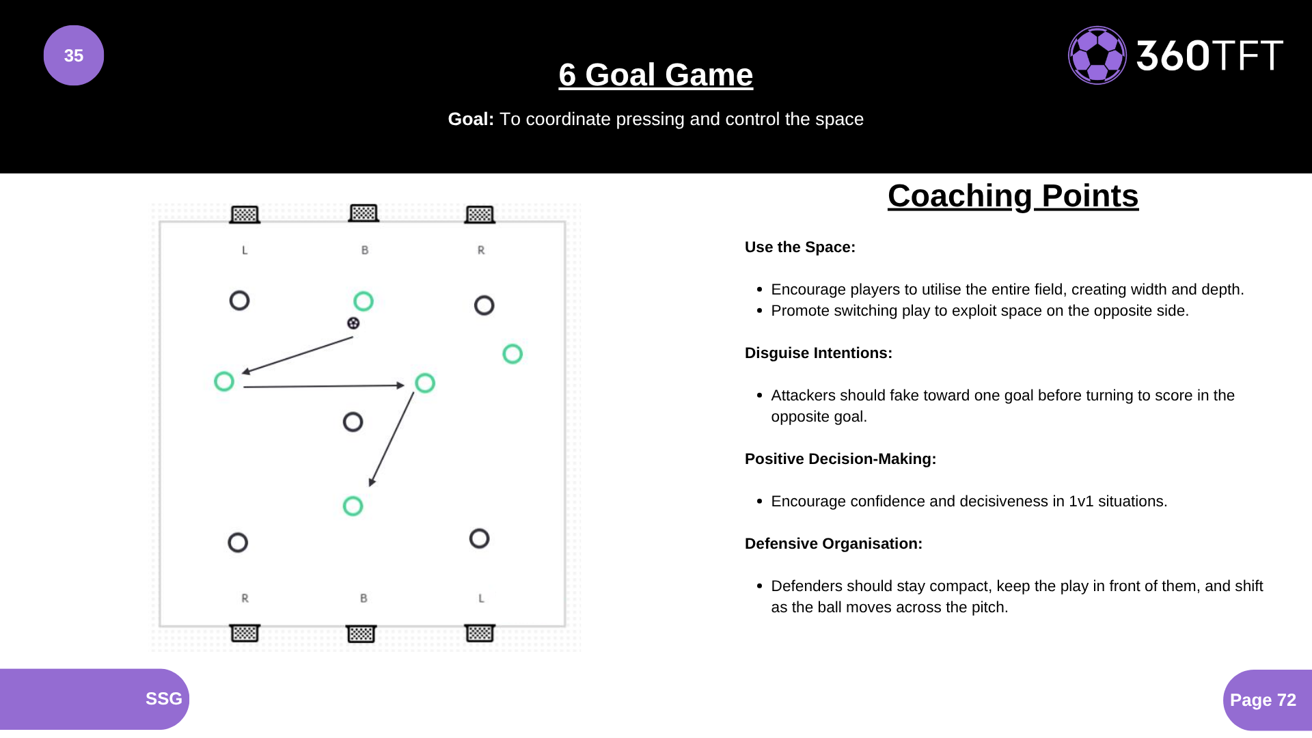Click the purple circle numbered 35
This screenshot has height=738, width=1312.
click(74, 55)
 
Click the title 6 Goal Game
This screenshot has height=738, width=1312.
click(655, 74)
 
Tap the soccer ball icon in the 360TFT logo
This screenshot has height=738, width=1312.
click(1097, 55)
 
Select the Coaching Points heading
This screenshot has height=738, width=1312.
click(1013, 196)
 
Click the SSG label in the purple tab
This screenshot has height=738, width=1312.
click(163, 698)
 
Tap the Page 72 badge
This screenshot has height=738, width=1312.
click(1263, 700)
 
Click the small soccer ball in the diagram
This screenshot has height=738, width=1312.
click(353, 323)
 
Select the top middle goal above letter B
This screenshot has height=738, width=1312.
click(364, 213)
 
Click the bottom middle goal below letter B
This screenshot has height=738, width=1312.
click(361, 633)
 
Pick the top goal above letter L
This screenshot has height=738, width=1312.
click(245, 215)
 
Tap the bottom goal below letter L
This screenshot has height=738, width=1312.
click(480, 633)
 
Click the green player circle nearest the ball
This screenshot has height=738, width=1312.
click(364, 301)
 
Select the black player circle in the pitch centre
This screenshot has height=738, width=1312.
click(353, 422)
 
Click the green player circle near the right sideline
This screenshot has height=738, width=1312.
click(512, 354)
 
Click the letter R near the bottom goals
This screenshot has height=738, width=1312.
click(245, 599)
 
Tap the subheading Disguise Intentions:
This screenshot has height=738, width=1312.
click(818, 353)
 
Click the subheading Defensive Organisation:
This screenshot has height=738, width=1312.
click(833, 544)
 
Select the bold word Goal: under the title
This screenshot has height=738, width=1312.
click(470, 120)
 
